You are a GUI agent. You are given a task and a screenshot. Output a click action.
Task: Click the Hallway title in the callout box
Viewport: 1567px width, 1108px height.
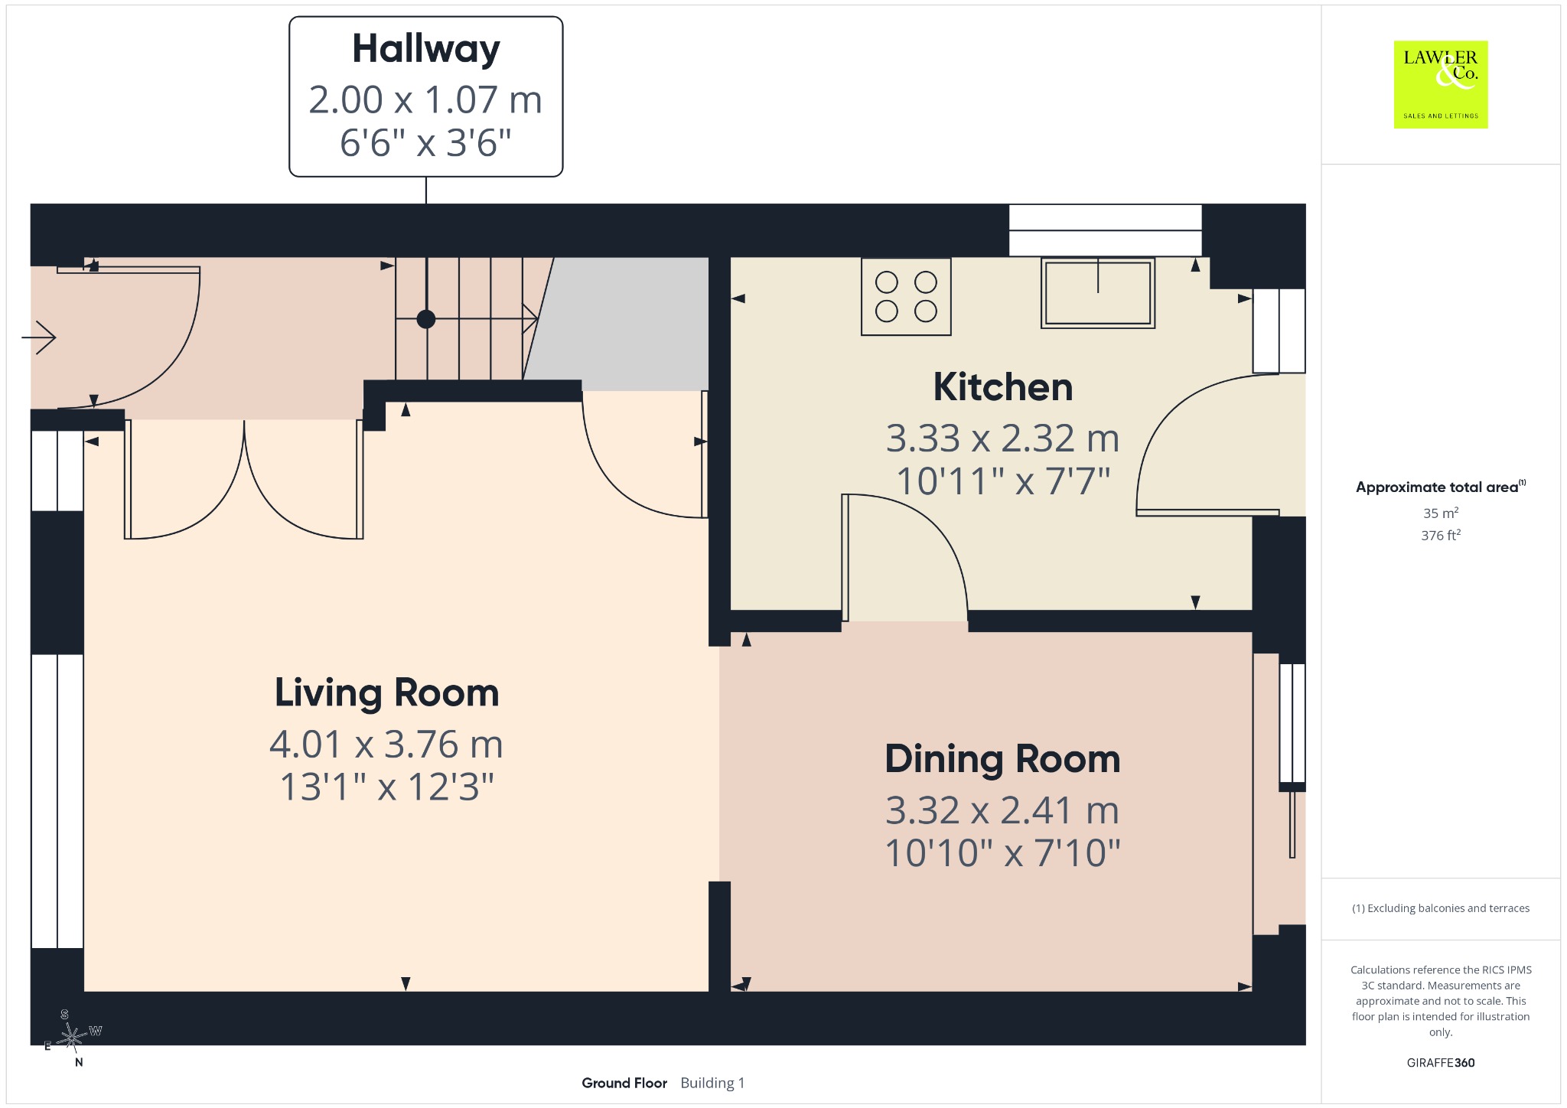point(426,50)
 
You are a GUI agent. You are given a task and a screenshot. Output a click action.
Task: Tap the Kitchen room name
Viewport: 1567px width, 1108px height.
point(1003,387)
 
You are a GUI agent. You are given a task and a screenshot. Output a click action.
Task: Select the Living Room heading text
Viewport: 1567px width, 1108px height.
point(387,693)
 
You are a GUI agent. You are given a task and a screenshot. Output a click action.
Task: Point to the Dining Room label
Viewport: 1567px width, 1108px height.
point(1002,759)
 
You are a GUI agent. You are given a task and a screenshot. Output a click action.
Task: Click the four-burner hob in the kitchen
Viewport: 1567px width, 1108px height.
point(906,297)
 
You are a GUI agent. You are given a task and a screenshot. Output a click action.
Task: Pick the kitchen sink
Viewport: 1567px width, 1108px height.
point(1098,293)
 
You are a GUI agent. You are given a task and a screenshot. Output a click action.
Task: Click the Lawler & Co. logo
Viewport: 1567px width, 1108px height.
point(1441,84)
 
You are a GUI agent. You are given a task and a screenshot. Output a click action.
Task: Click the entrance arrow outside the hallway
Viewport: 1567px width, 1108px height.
point(39,337)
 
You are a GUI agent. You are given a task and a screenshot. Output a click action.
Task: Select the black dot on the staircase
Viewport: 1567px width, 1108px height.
point(426,319)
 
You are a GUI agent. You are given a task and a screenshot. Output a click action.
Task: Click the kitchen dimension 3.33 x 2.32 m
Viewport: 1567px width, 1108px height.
point(1003,438)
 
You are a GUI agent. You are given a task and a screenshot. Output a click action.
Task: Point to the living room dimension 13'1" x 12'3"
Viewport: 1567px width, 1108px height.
point(387,787)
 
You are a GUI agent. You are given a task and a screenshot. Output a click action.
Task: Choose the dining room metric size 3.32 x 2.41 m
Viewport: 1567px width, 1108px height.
point(1002,810)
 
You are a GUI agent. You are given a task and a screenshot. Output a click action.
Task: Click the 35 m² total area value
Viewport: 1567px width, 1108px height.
point(1441,513)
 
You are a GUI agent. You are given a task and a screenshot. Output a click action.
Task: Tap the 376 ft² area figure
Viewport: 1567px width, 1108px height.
point(1441,535)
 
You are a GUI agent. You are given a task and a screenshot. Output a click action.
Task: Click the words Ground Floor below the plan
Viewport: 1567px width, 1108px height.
point(624,1083)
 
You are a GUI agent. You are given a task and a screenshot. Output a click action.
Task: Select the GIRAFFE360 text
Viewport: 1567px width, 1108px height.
point(1441,1063)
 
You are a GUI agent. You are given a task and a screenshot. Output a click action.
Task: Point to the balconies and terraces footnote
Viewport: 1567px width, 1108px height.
point(1441,908)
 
